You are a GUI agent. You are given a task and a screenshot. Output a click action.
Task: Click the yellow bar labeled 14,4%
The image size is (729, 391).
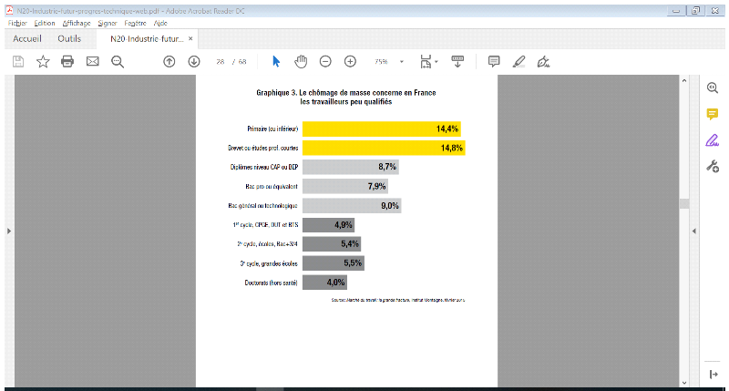click(381, 129)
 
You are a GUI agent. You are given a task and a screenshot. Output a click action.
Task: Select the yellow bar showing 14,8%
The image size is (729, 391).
click(383, 148)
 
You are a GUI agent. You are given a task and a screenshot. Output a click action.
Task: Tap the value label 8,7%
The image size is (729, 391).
click(386, 167)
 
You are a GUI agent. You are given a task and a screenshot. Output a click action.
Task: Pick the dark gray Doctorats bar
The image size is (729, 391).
click(323, 283)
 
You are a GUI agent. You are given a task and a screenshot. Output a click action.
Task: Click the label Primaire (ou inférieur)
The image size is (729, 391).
click(272, 129)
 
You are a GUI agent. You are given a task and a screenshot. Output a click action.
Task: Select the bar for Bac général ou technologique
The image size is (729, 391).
click(351, 206)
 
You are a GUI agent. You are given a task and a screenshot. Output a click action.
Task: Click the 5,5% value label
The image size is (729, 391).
click(353, 263)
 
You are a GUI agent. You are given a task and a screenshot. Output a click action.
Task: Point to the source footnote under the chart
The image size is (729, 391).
click(398, 300)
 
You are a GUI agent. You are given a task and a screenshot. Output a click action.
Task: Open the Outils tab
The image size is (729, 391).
click(69, 39)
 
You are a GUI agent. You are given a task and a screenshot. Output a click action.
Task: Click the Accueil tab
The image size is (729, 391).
click(26, 39)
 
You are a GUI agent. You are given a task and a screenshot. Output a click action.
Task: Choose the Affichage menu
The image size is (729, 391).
click(77, 22)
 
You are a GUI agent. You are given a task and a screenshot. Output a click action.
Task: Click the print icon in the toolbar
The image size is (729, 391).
click(67, 61)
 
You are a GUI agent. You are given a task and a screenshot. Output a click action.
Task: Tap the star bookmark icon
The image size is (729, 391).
click(43, 61)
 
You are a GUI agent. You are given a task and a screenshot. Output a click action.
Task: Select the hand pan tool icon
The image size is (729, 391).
click(301, 61)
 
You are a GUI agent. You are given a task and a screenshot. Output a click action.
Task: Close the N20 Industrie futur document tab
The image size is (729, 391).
click(190, 39)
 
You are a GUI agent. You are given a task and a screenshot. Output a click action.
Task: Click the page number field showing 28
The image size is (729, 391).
click(221, 61)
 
